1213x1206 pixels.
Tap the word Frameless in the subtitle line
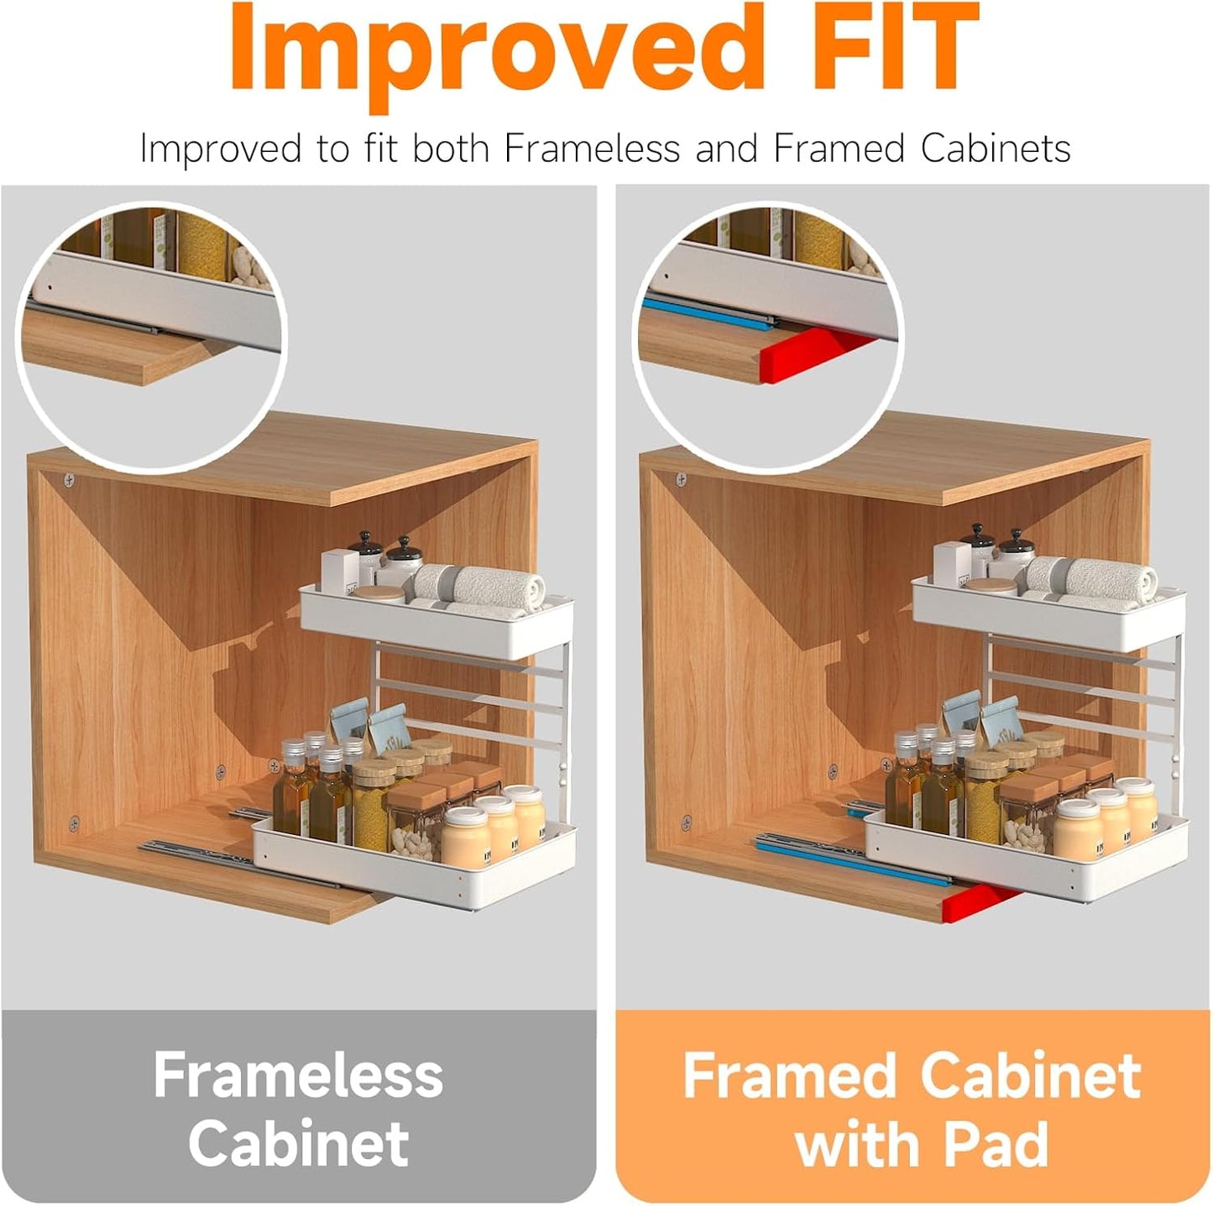click(592, 149)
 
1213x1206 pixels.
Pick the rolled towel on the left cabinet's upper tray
click(495, 583)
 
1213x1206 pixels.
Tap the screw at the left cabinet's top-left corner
click(70, 480)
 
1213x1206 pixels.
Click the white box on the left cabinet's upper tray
click(340, 569)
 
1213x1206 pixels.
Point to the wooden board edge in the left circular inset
click(118, 357)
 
